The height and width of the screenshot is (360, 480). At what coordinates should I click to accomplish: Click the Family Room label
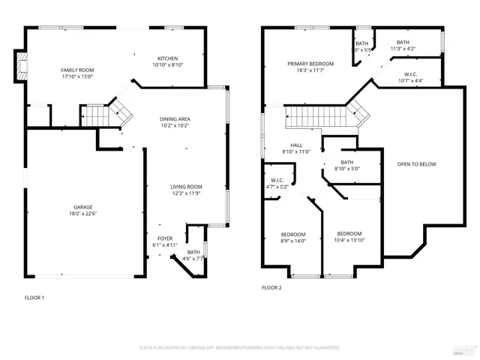[77, 70]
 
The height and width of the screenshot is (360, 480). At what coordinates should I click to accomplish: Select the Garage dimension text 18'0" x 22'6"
[82, 213]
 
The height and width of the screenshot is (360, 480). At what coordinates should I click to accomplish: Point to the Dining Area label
[174, 119]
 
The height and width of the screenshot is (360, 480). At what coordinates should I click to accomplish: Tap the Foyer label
[165, 238]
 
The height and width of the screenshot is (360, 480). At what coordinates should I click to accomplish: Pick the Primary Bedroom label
[310, 64]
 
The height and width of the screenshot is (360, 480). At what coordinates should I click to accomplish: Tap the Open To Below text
[418, 164]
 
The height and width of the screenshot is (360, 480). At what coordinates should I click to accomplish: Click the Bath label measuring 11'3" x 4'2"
[403, 43]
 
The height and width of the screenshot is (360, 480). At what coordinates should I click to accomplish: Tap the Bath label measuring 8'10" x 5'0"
[346, 162]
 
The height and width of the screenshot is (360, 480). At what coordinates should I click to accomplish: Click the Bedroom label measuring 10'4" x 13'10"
[349, 232]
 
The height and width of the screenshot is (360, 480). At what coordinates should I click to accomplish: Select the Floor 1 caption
[34, 298]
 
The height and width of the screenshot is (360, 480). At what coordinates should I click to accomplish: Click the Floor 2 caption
[271, 287]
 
